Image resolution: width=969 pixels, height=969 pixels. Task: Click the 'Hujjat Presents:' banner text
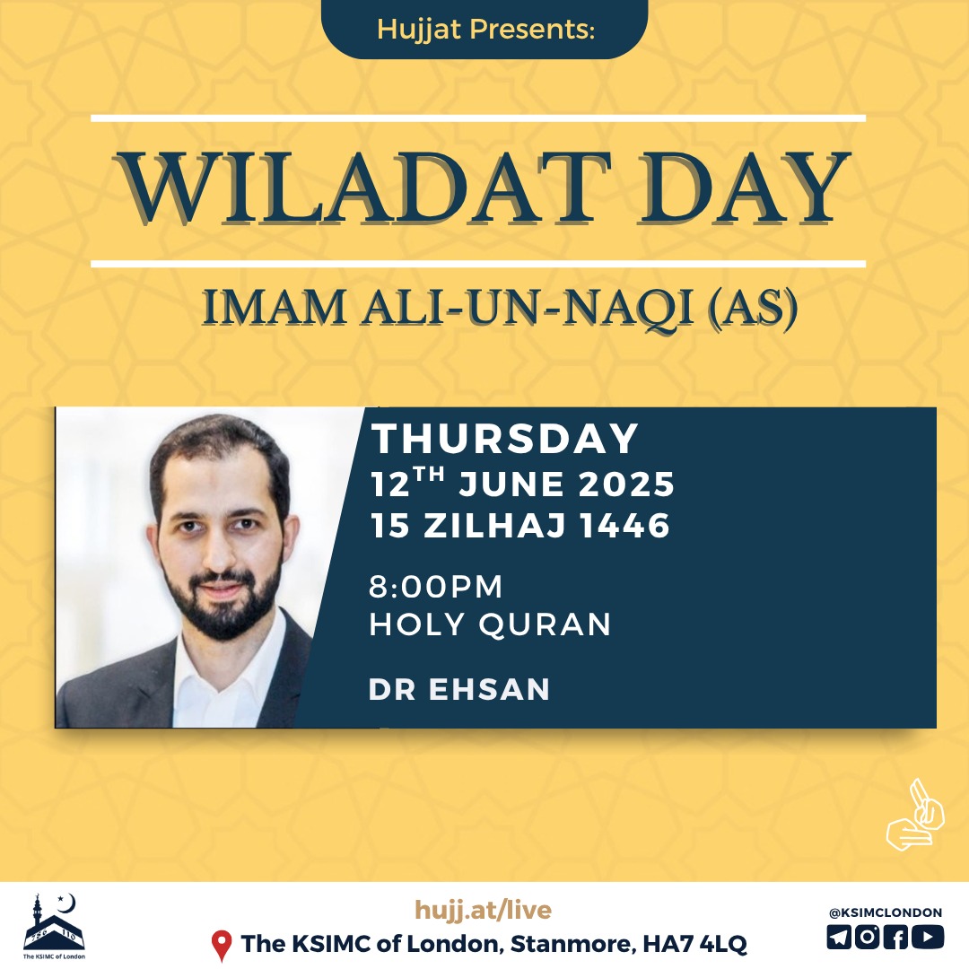[485, 29]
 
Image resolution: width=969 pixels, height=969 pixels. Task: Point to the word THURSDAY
[504, 439]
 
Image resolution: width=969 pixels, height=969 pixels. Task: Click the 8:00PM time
[436, 587]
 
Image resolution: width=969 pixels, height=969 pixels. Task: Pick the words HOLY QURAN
[490, 624]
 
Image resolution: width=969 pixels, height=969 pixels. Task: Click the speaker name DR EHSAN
[459, 690]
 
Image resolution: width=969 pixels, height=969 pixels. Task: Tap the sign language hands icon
[915, 815]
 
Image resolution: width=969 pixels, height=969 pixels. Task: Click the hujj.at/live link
[484, 910]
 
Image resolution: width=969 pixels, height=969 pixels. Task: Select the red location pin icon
[222, 946]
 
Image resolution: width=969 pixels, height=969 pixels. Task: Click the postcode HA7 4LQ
[694, 944]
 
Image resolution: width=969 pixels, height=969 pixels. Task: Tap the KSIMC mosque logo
[54, 926]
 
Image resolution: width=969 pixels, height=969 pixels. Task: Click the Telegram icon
[839, 937]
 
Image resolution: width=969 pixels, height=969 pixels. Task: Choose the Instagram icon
[867, 937]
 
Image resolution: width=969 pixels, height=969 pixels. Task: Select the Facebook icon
[896, 937]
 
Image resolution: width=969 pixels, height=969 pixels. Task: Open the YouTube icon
[929, 937]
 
